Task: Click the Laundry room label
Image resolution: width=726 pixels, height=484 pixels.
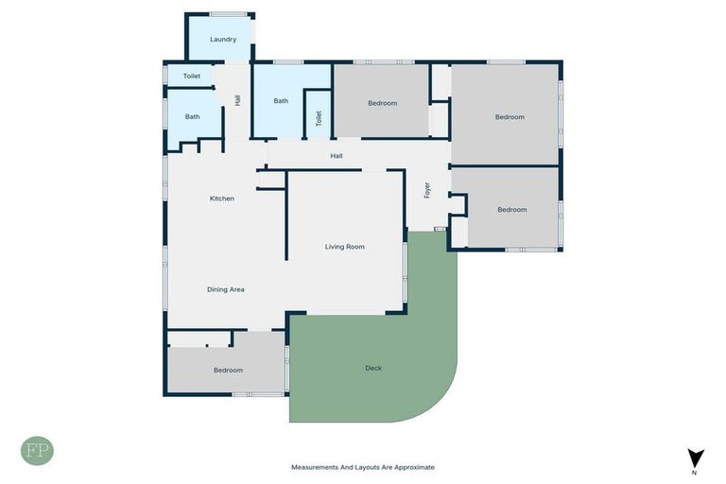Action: tap(223, 40)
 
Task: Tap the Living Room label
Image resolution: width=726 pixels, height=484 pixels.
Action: tap(345, 247)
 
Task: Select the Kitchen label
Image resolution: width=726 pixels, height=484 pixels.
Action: tap(222, 199)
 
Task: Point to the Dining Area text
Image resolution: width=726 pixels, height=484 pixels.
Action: tap(226, 289)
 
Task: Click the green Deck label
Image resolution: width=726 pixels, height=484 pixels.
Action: tap(373, 368)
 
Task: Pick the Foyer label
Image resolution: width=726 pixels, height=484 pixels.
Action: tap(427, 190)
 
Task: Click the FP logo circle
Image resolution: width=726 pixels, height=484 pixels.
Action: tap(37, 450)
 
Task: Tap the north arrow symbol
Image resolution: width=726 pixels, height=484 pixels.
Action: tap(696, 458)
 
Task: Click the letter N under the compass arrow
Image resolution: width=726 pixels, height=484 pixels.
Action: tap(695, 472)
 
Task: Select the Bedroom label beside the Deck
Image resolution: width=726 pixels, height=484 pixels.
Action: tap(228, 371)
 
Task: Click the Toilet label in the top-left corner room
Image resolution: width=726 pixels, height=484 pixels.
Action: tap(192, 76)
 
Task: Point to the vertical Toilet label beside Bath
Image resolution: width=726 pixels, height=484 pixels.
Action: tap(320, 118)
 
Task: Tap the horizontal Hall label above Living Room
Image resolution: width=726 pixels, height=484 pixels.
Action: tap(337, 156)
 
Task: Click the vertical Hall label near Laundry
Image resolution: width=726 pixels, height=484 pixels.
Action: tap(237, 98)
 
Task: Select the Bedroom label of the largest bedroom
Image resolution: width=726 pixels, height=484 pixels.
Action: tap(510, 117)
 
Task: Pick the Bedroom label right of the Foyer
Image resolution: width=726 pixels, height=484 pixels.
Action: tap(512, 210)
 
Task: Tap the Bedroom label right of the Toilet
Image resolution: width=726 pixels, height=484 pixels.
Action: tap(383, 103)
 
